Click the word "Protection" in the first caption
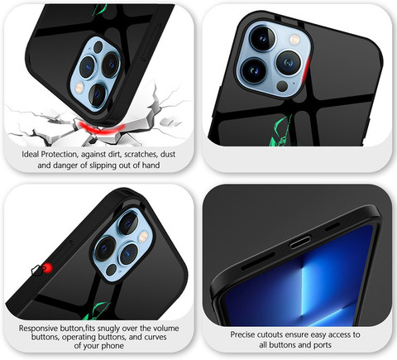[60, 154]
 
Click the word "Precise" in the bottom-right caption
[242, 334]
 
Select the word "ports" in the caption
[323, 345]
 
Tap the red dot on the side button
[47, 267]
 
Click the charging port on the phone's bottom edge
[300, 242]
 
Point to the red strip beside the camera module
[307, 69]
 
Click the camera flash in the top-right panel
[294, 40]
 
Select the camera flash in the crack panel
[79, 88]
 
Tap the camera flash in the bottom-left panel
[143, 236]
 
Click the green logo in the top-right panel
[280, 132]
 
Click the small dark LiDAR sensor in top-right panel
[282, 86]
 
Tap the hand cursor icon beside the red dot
[37, 270]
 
